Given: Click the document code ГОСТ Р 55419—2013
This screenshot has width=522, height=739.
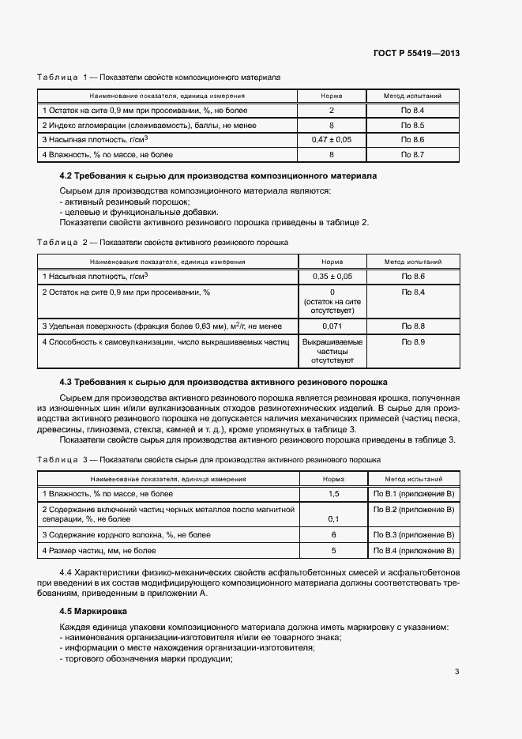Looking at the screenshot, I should [416, 54].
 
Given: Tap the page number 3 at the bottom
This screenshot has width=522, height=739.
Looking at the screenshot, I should [456, 672].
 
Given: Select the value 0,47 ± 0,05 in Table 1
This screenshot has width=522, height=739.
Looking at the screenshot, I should [332, 140].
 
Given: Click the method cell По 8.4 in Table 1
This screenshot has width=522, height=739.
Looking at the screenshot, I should [412, 111].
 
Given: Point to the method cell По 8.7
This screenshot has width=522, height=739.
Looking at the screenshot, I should [412, 154].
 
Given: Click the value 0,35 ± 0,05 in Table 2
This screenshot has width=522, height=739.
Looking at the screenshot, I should [332, 276].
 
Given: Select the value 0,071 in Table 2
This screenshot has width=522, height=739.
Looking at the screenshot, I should [332, 326].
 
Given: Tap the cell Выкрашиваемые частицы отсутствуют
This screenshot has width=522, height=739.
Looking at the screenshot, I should [332, 351].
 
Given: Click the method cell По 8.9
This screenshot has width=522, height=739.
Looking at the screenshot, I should [412, 341].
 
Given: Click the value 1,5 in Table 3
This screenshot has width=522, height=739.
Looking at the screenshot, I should [333, 494].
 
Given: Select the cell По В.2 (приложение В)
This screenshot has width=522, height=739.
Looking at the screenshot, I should [413, 510].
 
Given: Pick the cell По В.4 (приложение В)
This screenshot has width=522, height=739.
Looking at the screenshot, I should [413, 550].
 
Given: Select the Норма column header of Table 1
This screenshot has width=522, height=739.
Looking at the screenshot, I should [332, 96].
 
